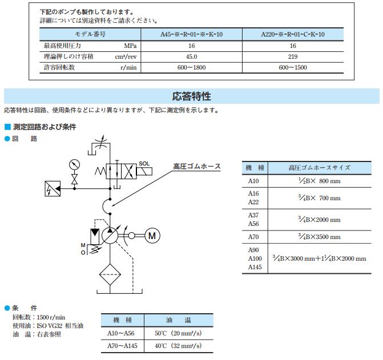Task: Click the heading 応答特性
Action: (191, 96)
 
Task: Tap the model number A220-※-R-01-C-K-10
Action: (293, 34)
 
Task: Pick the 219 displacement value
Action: (293, 56)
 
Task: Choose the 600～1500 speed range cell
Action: (293, 67)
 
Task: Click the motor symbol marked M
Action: (151, 234)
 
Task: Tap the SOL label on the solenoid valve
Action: (144, 163)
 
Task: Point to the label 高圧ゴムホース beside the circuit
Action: (197, 167)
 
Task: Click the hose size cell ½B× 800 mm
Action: (315, 181)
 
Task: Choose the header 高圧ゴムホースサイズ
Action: (319, 167)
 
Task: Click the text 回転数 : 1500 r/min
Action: (39, 317)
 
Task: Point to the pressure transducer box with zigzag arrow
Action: (53, 187)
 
